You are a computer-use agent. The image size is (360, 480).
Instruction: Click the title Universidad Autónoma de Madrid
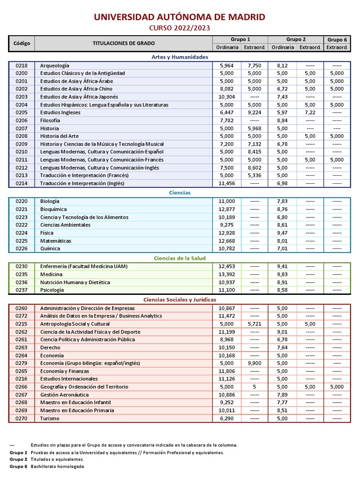180,17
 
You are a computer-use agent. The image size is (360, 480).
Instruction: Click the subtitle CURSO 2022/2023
180,28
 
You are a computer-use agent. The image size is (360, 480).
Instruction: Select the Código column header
22,44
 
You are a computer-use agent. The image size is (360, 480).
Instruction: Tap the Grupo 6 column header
337,40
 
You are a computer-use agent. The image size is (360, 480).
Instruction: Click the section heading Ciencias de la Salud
180,258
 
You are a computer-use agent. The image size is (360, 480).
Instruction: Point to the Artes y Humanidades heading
180,57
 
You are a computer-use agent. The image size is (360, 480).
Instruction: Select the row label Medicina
51,274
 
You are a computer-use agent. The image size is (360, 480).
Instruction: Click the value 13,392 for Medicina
226,274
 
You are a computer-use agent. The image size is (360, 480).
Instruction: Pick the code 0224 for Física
22,233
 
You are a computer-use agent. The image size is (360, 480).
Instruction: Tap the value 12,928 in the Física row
226,233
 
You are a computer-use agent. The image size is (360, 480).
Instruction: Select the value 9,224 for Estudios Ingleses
255,112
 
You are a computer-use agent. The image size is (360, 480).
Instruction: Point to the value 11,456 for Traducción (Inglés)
226,183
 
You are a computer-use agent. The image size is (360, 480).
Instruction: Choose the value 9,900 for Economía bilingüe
255,363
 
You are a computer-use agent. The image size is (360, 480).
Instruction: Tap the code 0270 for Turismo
22,419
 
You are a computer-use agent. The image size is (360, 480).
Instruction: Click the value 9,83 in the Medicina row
282,274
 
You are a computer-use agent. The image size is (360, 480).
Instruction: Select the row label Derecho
50,348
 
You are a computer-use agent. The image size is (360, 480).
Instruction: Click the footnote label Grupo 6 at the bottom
18,467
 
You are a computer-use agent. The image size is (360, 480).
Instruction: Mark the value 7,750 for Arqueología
255,66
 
